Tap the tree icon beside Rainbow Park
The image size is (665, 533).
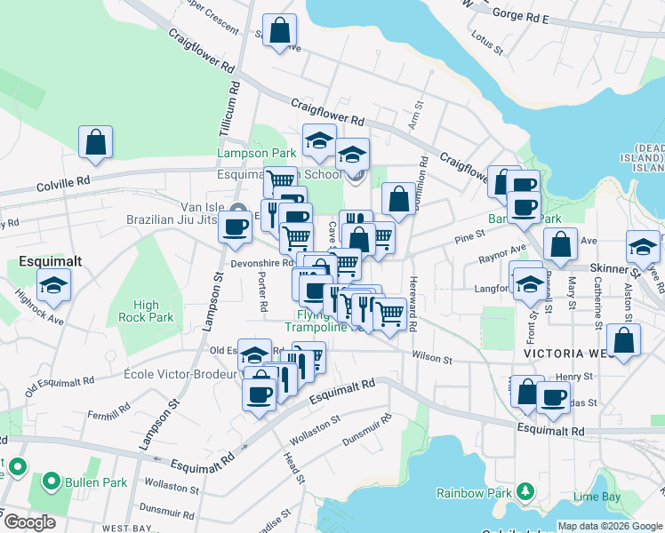(525, 491)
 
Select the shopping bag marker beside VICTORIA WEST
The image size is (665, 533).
(624, 340)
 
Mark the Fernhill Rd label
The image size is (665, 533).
(109, 416)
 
